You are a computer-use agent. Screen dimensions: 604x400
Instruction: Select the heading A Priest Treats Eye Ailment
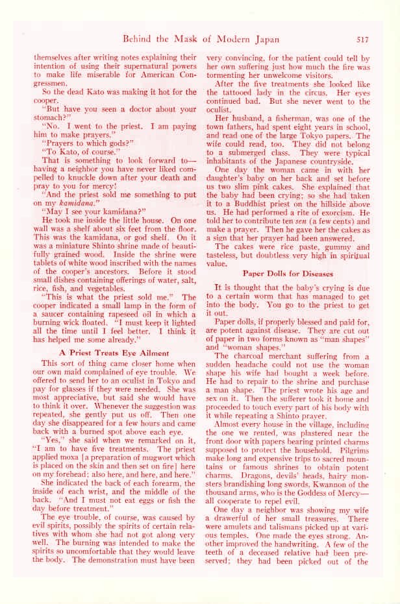(x=114, y=352)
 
